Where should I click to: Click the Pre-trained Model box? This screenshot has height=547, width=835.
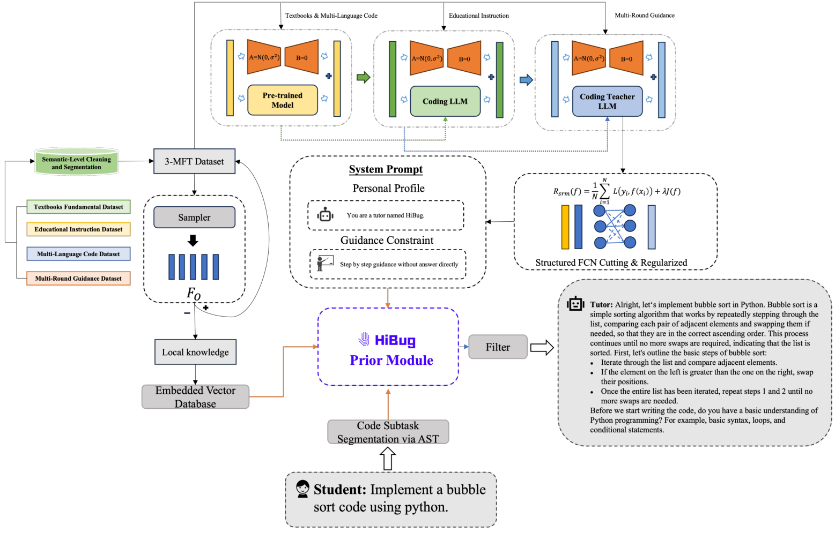(x=282, y=100)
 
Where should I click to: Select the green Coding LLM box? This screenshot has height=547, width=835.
(x=445, y=101)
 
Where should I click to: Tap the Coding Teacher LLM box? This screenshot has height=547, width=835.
(x=607, y=101)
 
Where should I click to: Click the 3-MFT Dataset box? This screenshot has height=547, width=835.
(x=194, y=161)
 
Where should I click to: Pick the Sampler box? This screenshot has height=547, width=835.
(x=194, y=218)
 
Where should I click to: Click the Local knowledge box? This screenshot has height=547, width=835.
(x=195, y=352)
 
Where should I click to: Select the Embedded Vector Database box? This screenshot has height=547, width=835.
(x=195, y=397)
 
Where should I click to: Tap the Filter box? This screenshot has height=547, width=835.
(x=498, y=347)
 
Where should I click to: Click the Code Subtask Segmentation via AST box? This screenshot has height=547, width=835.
(x=388, y=432)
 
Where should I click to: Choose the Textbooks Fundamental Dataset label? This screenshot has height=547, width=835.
(x=78, y=207)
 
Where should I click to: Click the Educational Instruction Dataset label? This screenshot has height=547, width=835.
(x=78, y=229)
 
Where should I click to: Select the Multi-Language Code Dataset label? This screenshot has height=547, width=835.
(x=78, y=254)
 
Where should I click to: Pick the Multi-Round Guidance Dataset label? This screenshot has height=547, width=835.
(x=78, y=279)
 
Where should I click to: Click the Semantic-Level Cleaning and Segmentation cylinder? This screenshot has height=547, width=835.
(x=76, y=162)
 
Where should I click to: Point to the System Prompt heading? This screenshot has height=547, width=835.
(x=386, y=169)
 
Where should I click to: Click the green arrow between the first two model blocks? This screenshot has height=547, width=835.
(x=363, y=77)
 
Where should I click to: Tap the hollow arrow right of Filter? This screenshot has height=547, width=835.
(x=542, y=348)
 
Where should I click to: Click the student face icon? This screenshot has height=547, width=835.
(x=302, y=488)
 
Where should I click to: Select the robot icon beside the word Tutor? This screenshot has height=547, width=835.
(x=575, y=304)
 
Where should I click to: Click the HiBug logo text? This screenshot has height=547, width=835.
(x=395, y=340)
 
